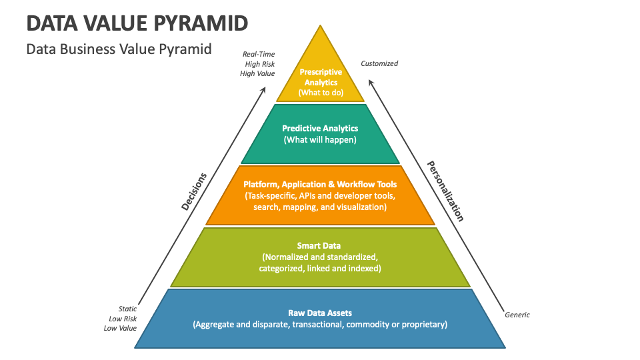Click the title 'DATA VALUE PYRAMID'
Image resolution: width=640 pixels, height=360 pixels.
coord(138,23)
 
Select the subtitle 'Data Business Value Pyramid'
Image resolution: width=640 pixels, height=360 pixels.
coord(119,49)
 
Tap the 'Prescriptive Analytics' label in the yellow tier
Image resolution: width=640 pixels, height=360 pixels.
coord(321,77)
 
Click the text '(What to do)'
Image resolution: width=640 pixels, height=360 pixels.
coord(321,93)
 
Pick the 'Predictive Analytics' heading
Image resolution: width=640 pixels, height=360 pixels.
coord(320,128)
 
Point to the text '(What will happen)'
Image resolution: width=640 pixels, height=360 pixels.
coord(320,140)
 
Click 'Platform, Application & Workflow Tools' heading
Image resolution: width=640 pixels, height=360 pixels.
coord(320,184)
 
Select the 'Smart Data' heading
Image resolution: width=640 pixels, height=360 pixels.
coord(320,245)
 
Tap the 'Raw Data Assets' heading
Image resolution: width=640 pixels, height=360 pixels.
coord(320,313)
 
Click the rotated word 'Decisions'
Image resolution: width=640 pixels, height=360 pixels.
coord(194,192)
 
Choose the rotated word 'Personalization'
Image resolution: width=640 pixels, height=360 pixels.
coord(445,191)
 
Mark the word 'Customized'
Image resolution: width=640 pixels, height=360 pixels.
coord(379,64)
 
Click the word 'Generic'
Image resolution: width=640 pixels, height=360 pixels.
coord(517,315)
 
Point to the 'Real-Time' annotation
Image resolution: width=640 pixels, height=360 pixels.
coord(259,54)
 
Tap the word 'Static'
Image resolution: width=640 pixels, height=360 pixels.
coord(127,309)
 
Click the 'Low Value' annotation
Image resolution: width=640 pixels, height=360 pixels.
coord(120,328)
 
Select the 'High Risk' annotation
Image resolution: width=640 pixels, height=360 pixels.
coord(259,64)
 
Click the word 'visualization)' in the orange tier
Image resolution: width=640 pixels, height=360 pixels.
coord(361,207)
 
